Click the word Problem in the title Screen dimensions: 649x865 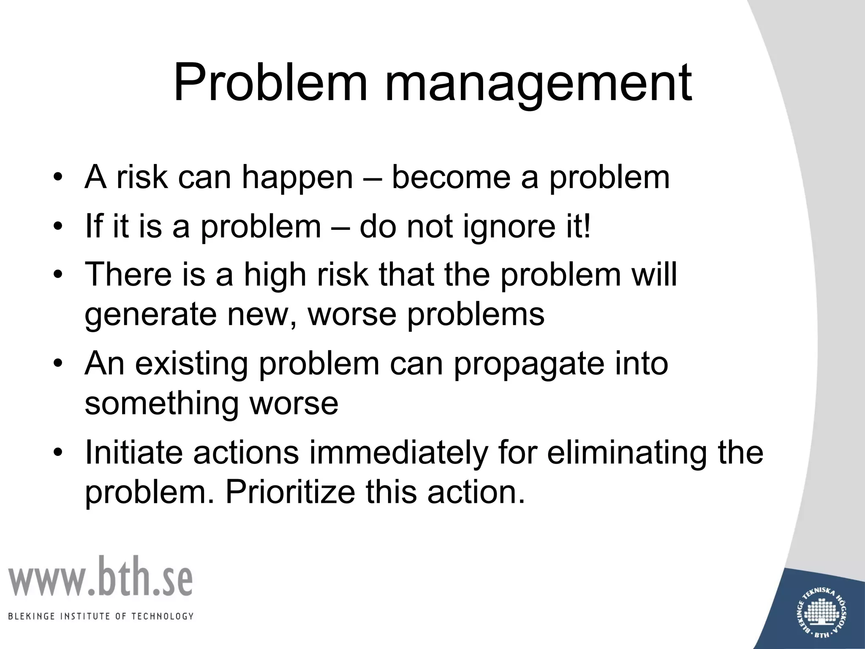click(270, 82)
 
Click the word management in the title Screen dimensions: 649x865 click(538, 85)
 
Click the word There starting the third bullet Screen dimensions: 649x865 click(128, 274)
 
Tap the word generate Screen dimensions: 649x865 click(150, 315)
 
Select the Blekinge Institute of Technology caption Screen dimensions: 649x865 click(101, 616)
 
